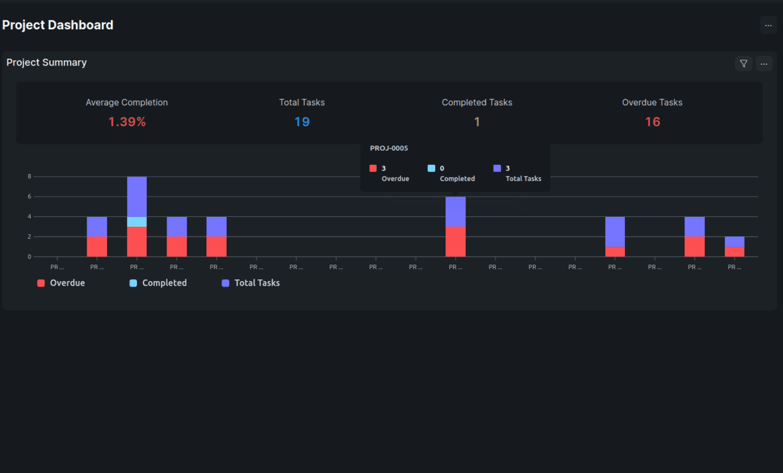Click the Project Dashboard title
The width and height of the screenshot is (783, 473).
[x=58, y=25]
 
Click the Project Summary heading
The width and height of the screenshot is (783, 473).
[x=46, y=62]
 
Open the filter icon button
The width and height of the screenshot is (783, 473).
[x=743, y=64]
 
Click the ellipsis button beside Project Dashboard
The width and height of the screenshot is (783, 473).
[x=768, y=25]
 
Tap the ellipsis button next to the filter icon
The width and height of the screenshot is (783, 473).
[x=764, y=64]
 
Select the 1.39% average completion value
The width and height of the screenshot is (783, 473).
[x=127, y=122]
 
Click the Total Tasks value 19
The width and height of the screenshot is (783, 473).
[x=302, y=122]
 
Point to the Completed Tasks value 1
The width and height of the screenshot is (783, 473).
[x=477, y=122]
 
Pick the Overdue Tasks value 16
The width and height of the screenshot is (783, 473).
[x=652, y=122]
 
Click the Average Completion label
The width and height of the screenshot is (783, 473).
[x=126, y=103]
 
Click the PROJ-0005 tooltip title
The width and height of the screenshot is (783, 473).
[x=389, y=148]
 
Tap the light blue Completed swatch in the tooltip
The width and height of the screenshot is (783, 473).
[x=432, y=169]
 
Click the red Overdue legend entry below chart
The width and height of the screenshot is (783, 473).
[x=61, y=282]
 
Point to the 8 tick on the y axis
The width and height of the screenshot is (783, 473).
[x=29, y=177]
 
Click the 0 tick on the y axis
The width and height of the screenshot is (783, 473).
[x=29, y=257]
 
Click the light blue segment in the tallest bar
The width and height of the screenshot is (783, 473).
[x=137, y=222]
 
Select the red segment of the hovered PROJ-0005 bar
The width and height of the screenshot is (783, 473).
[x=455, y=241]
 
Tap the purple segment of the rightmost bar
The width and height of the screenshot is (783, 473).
[x=734, y=241]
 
